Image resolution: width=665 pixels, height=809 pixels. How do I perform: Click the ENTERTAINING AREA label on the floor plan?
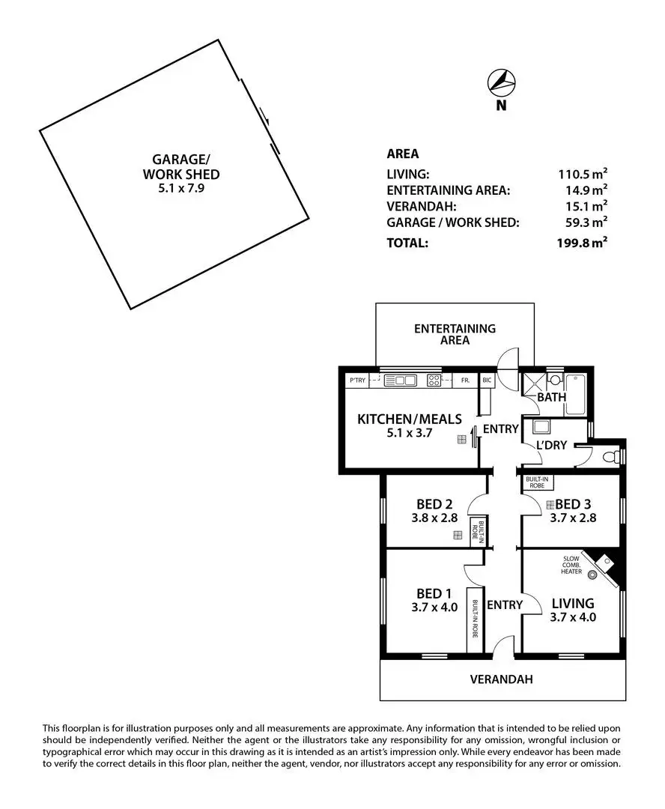click(x=455, y=334)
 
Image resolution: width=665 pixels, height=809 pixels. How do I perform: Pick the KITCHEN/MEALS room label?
click(x=409, y=419)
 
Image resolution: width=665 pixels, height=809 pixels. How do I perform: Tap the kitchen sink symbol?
click(x=400, y=381)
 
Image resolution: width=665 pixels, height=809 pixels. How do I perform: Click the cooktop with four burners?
click(x=434, y=381)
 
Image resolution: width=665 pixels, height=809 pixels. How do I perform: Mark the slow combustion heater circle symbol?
click(x=594, y=575)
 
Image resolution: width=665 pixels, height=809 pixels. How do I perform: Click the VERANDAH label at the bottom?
click(x=501, y=680)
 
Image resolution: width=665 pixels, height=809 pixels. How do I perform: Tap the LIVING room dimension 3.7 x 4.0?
click(x=573, y=618)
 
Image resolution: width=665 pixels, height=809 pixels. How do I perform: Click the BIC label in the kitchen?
click(x=486, y=381)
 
